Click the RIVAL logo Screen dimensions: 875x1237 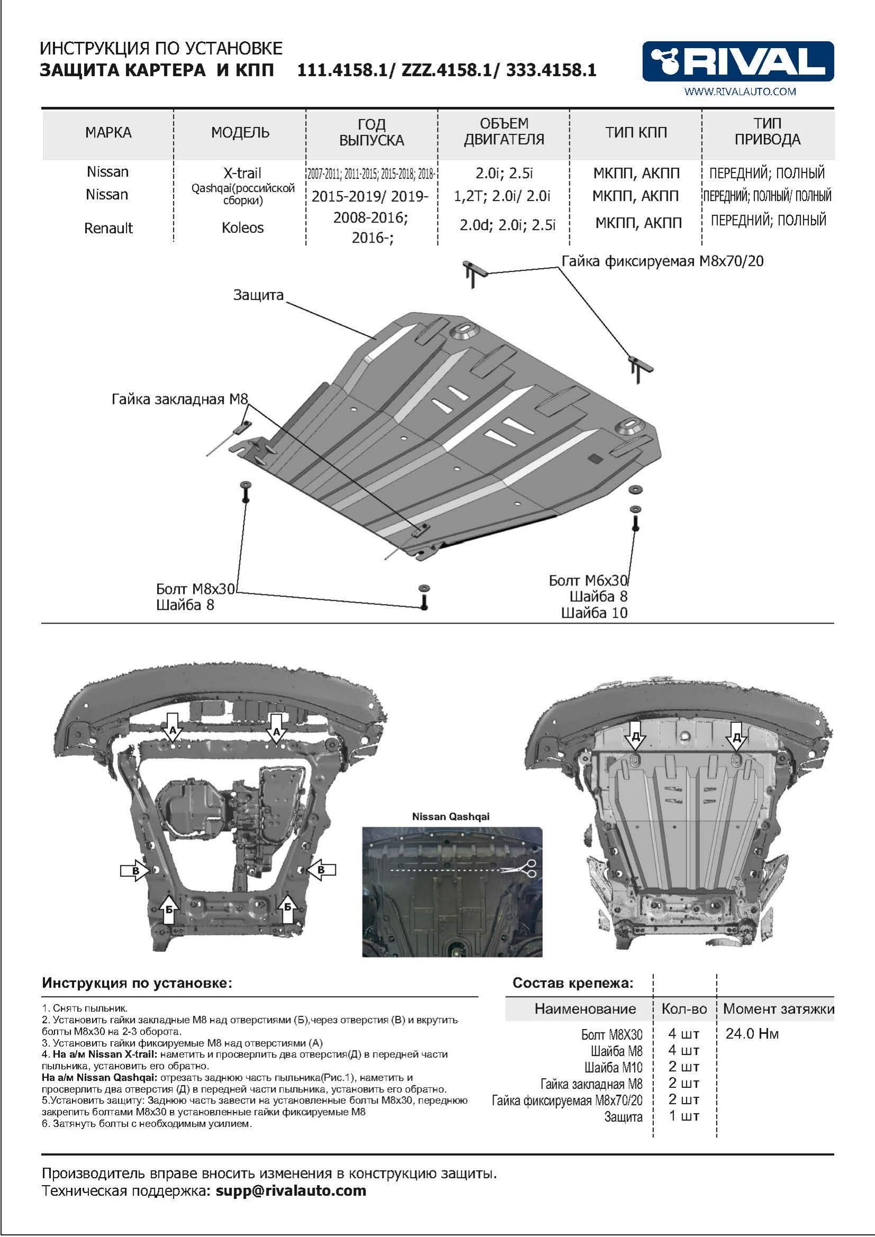[738, 61]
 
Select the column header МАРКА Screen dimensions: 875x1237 [108, 133]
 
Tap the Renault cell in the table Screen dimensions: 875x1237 [108, 228]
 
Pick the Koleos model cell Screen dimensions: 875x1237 [242, 228]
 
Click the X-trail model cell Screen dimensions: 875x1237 [242, 173]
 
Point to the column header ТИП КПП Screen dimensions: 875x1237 [636, 133]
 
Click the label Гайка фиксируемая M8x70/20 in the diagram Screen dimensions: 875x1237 [663, 261]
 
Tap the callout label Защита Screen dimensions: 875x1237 [258, 295]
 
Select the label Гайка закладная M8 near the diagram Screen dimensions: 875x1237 [180, 399]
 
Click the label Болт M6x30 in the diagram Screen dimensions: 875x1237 [588, 580]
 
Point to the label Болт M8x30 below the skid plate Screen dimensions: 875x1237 [196, 588]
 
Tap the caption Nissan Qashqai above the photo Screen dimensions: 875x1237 [451, 816]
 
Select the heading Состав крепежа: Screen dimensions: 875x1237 [573, 983]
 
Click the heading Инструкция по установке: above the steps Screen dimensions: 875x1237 [137, 983]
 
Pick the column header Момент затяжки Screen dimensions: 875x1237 [779, 1009]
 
